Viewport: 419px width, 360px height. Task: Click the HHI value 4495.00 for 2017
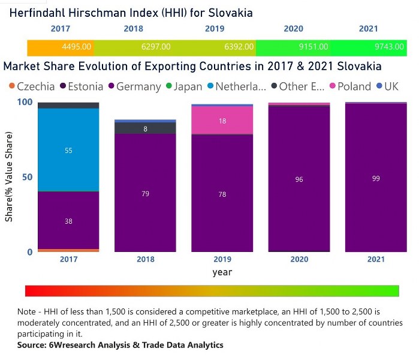pos(76,47)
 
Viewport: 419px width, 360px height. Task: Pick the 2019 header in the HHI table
pos(214,29)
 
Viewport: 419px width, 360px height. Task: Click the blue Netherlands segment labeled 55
pos(68,151)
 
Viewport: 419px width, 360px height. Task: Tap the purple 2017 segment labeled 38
pos(68,221)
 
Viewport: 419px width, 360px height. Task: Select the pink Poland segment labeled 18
pos(223,121)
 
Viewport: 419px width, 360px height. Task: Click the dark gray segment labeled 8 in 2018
pos(145,128)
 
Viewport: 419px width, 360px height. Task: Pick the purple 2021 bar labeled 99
pos(376,178)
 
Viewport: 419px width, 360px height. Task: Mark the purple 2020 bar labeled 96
pos(299,179)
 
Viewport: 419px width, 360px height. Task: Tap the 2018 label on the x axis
pos(146,259)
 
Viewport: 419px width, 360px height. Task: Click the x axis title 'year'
pos(222,272)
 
